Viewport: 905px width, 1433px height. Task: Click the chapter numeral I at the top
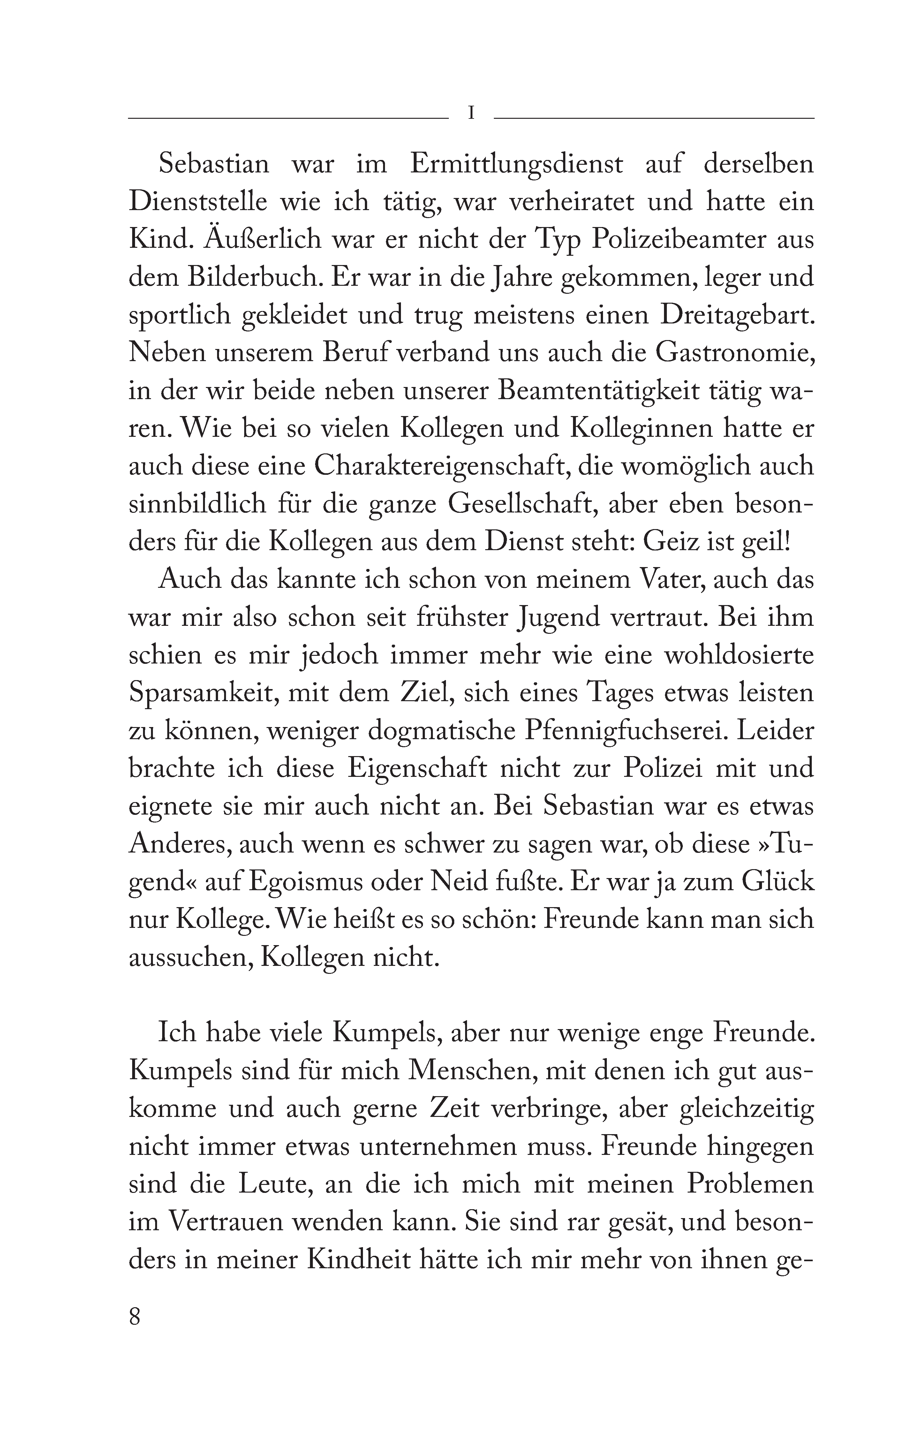(471, 113)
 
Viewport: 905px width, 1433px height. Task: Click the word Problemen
(750, 1183)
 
